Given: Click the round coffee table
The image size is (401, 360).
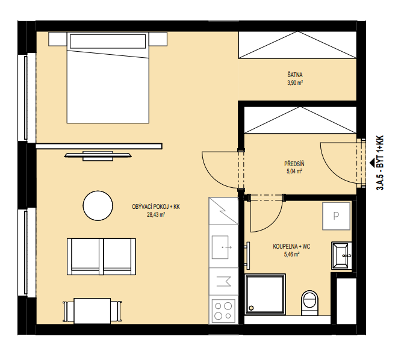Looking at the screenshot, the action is pyautogui.click(x=98, y=205).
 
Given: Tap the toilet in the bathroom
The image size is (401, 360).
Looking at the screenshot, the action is pyautogui.click(x=309, y=303).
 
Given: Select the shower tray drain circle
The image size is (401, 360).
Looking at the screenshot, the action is pyautogui.click(x=252, y=308).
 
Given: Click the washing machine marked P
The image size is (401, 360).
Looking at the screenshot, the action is pyautogui.click(x=336, y=216).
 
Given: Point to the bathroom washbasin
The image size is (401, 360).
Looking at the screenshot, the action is pyautogui.click(x=341, y=256).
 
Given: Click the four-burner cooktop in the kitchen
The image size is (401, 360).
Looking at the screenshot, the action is pyautogui.click(x=223, y=310).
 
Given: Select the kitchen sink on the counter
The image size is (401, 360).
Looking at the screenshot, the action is pyautogui.click(x=220, y=247).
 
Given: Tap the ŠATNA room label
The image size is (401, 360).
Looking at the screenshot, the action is pyautogui.click(x=295, y=75).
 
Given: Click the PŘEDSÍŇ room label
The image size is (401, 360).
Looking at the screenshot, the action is pyautogui.click(x=294, y=164).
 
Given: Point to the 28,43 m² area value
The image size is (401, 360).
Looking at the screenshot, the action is pyautogui.click(x=155, y=215).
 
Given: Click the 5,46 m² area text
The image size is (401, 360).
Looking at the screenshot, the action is pyautogui.click(x=291, y=255).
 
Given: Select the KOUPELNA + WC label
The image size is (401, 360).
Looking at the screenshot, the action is pyautogui.click(x=291, y=246).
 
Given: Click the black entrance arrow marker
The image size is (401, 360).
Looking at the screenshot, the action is pyautogui.click(x=372, y=162).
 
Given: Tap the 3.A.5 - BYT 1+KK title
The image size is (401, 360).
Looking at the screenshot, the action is pyautogui.click(x=380, y=163).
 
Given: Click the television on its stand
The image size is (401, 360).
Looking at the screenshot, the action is pyautogui.click(x=98, y=156).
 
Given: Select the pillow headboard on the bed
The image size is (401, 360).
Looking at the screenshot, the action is pyautogui.click(x=108, y=41).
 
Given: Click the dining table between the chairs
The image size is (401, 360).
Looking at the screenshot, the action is pyautogui.click(x=92, y=311).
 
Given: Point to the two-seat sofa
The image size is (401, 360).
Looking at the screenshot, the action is pyautogui.click(x=101, y=256).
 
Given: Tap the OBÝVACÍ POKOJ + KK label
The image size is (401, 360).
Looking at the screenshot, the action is pyautogui.click(x=156, y=206).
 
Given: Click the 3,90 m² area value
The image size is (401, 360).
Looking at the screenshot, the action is pyautogui.click(x=295, y=82).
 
